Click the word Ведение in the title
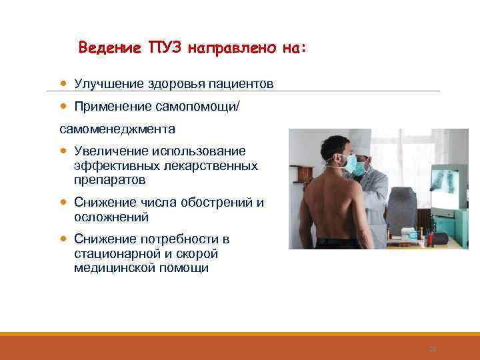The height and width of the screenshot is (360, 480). [107, 48]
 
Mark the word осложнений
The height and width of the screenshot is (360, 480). [111, 217]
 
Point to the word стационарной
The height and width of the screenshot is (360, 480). [116, 254]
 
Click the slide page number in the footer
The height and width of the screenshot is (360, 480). [432, 349]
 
